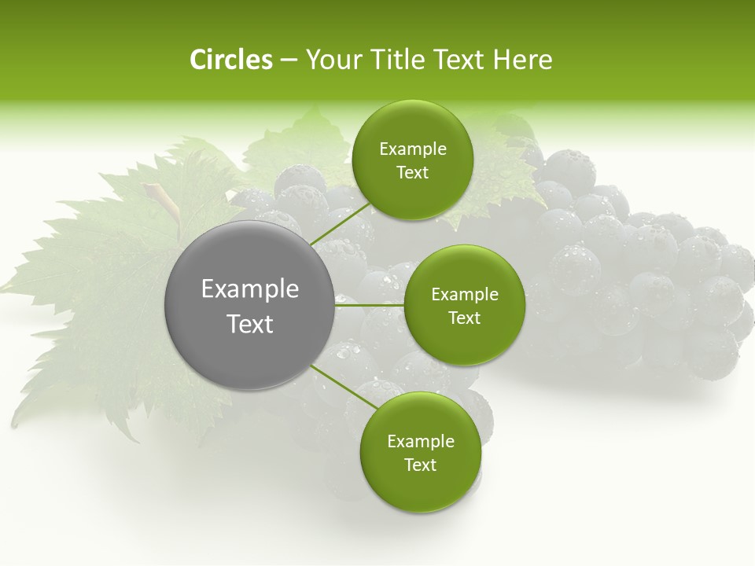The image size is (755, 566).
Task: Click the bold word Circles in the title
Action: point(231,60)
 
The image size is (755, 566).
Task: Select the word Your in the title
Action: point(331,60)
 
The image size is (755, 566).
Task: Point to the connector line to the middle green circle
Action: point(370,305)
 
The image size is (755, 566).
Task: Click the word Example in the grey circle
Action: point(250,289)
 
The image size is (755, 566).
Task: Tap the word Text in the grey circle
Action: point(250,324)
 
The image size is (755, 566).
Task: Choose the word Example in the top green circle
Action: point(412,149)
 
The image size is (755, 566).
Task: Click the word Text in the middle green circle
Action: point(464,318)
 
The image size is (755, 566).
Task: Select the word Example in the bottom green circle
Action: point(420,441)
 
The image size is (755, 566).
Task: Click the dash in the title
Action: point(288,60)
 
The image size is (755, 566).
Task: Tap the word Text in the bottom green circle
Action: point(420,465)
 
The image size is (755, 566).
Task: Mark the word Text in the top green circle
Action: point(412,173)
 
